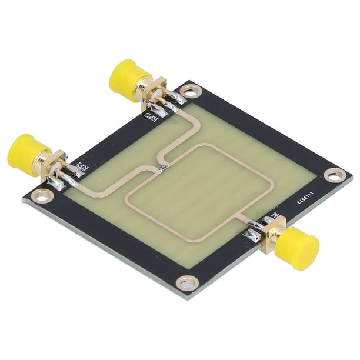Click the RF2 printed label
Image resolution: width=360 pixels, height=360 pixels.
pos(151,121)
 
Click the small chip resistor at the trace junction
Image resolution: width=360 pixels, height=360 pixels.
pos(163,169)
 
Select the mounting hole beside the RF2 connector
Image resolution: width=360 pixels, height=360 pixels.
pos(189,91)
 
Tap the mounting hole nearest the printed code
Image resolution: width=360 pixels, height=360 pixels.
pos(334,175)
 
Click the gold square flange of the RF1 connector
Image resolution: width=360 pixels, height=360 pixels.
pos(54,164)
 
